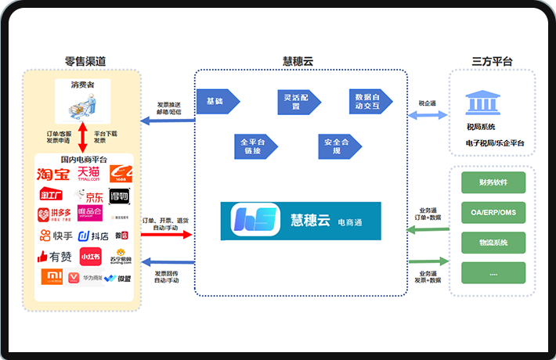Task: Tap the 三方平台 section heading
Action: [492, 61]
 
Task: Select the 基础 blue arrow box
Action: [216, 102]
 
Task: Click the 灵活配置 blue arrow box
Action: [292, 102]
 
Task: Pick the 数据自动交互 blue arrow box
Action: [369, 102]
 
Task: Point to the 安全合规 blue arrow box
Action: [333, 146]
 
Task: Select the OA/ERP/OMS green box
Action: [493, 213]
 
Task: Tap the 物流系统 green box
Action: [493, 243]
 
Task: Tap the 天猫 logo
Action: [88, 173]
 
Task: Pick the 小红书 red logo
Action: [90, 256]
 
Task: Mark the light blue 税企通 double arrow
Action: [428, 116]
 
